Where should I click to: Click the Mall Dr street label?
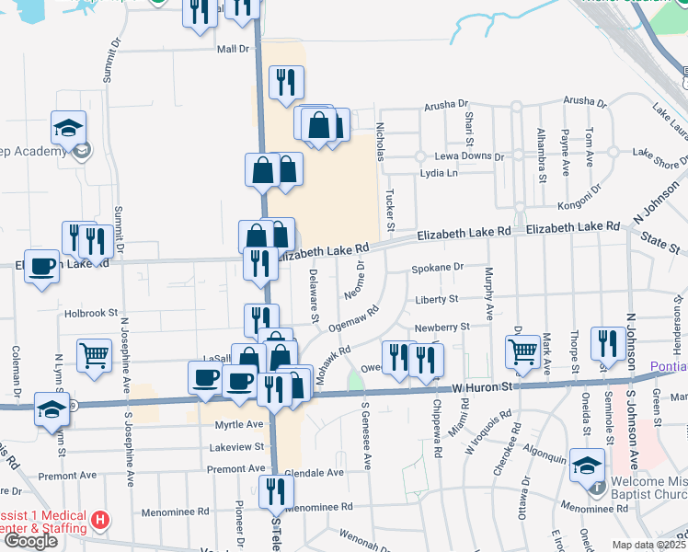pos(233,49)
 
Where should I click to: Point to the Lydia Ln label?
pos(439,173)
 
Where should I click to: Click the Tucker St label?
pos(390,211)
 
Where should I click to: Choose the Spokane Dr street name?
pos(434,268)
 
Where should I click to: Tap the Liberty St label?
pos(436,299)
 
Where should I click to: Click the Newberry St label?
pos(442,326)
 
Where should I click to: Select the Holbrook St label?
pos(92,313)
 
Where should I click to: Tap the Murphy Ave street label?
pos(488,293)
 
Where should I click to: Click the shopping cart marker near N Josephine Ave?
pos(95,354)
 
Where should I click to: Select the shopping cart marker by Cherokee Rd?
pos(522,351)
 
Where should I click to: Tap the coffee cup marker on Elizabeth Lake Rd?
pos(40,266)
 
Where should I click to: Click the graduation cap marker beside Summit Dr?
pos(68,128)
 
